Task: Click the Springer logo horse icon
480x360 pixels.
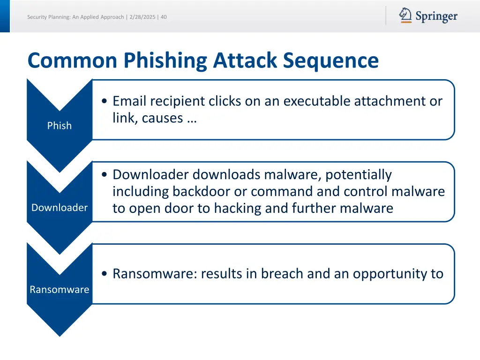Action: pos(405,15)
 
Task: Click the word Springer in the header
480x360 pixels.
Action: pos(436,17)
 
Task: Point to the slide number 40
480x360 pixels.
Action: pos(164,17)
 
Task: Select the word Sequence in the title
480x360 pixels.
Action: pos(330,60)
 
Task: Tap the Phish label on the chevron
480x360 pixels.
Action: pos(60,126)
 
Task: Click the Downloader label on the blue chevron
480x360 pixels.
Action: pos(60,208)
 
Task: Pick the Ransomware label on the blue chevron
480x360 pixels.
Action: pos(60,290)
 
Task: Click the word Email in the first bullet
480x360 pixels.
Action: pos(129,101)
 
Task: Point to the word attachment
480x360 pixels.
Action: pos(390,101)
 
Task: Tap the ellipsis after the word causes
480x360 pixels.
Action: pos(191,118)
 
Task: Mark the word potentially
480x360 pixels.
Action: pos(358,174)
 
